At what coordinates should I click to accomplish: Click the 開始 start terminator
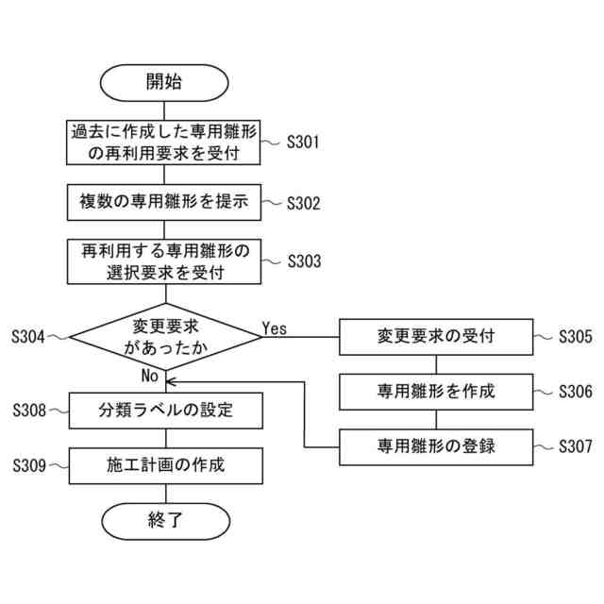[x=164, y=81]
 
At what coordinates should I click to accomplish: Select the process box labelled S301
[x=164, y=143]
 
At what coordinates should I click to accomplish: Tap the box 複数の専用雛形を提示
[x=164, y=201]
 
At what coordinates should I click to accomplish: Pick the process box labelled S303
[x=164, y=261]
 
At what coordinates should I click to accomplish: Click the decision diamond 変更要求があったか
[x=164, y=335]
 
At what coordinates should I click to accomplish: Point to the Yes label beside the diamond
[x=275, y=328]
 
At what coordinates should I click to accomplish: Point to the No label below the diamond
[x=149, y=375]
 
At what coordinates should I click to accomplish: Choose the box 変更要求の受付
[x=435, y=335]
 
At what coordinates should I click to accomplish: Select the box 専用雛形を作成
[x=435, y=390]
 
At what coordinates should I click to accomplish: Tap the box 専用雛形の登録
[x=435, y=445]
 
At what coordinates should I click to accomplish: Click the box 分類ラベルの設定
[x=164, y=411]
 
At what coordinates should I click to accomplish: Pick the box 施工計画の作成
[x=164, y=464]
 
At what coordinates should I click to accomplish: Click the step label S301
[x=303, y=143]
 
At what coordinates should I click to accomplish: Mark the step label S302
[x=303, y=202]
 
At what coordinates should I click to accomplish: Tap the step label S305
[x=575, y=335]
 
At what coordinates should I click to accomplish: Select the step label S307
[x=575, y=445]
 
